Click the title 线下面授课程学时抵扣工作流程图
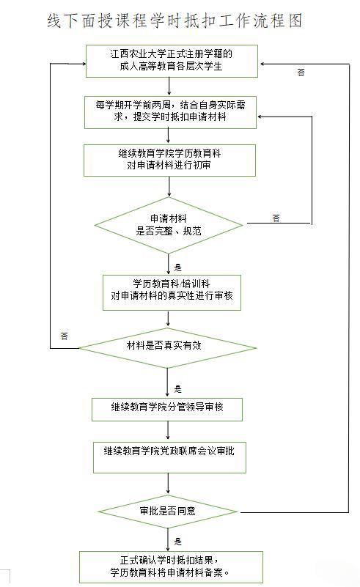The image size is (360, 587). click(x=175, y=21)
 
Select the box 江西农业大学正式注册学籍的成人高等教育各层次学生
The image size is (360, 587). click(x=172, y=61)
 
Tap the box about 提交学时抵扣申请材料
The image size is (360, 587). click(x=170, y=112)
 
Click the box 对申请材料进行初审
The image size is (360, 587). click(x=169, y=160)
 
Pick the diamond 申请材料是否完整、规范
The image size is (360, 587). click(x=169, y=226)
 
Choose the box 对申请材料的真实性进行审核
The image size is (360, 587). click(x=172, y=292)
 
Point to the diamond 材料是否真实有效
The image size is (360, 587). click(x=167, y=348)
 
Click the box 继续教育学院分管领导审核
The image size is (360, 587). click(x=167, y=410)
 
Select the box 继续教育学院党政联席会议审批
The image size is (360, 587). click(x=169, y=457)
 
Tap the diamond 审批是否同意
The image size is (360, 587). click(x=167, y=512)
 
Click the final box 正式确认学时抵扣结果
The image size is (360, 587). click(x=171, y=567)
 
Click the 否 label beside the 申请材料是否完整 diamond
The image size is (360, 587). click(x=276, y=218)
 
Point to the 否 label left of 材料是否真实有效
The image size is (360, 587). click(x=64, y=336)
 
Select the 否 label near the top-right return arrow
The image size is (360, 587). click(x=301, y=73)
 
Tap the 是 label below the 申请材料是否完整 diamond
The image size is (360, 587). click(x=177, y=267)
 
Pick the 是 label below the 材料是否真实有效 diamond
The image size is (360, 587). click(x=177, y=389)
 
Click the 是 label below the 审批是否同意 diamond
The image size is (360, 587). click(x=177, y=542)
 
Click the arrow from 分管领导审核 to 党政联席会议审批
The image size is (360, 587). click(x=168, y=430)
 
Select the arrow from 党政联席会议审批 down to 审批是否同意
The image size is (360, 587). click(x=168, y=483)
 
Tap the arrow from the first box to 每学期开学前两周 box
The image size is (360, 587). click(x=169, y=86)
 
